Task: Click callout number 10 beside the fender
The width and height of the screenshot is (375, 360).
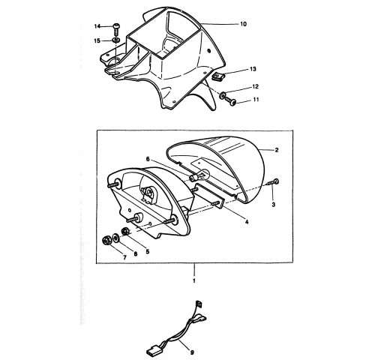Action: point(243,24)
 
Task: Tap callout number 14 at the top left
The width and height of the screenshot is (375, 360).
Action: point(97,26)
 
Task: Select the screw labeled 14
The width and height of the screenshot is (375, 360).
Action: point(116,29)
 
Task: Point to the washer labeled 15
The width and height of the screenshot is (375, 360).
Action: point(115,40)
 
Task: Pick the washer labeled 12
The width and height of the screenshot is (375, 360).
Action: point(222,95)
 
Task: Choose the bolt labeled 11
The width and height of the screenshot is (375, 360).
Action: point(231,101)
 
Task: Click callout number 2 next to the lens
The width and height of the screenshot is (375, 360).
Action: point(277,150)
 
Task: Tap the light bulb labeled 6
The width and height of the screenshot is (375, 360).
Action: point(200,175)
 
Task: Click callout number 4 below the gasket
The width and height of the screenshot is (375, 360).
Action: point(247,222)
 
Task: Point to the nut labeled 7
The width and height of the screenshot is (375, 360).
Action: point(106,241)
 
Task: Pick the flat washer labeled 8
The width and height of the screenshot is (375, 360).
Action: point(115,237)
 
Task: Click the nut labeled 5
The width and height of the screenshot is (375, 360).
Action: point(124,231)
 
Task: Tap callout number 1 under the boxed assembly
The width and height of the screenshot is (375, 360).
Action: point(194,280)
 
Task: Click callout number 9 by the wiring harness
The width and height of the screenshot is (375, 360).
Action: point(192,352)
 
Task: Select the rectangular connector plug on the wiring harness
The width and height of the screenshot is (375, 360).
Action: point(152,348)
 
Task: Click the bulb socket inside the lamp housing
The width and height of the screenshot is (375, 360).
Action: point(149,193)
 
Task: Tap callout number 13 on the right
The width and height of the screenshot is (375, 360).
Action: point(253,69)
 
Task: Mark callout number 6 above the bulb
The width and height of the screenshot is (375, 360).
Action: point(148,159)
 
